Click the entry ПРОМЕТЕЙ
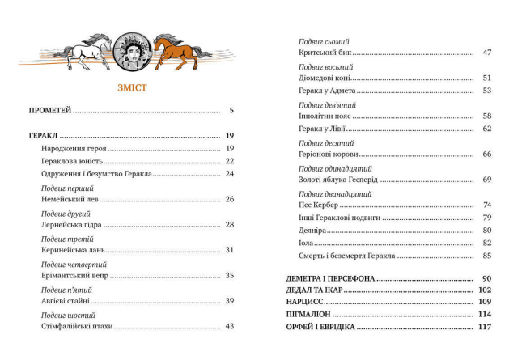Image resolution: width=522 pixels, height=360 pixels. [x=50, y=110]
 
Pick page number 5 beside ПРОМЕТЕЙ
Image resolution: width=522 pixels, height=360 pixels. [x=231, y=110]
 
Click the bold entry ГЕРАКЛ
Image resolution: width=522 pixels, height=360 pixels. [x=44, y=135]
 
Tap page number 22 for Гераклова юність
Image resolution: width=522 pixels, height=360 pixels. [x=229, y=161]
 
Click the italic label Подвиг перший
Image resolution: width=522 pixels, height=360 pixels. [x=67, y=188]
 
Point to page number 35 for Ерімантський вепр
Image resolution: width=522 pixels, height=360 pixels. [x=229, y=276]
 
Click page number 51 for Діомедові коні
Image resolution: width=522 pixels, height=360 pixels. [x=486, y=78]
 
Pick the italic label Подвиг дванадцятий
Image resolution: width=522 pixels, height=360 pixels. [x=335, y=194]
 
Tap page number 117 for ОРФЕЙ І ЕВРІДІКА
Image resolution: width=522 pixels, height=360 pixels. [x=485, y=327]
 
